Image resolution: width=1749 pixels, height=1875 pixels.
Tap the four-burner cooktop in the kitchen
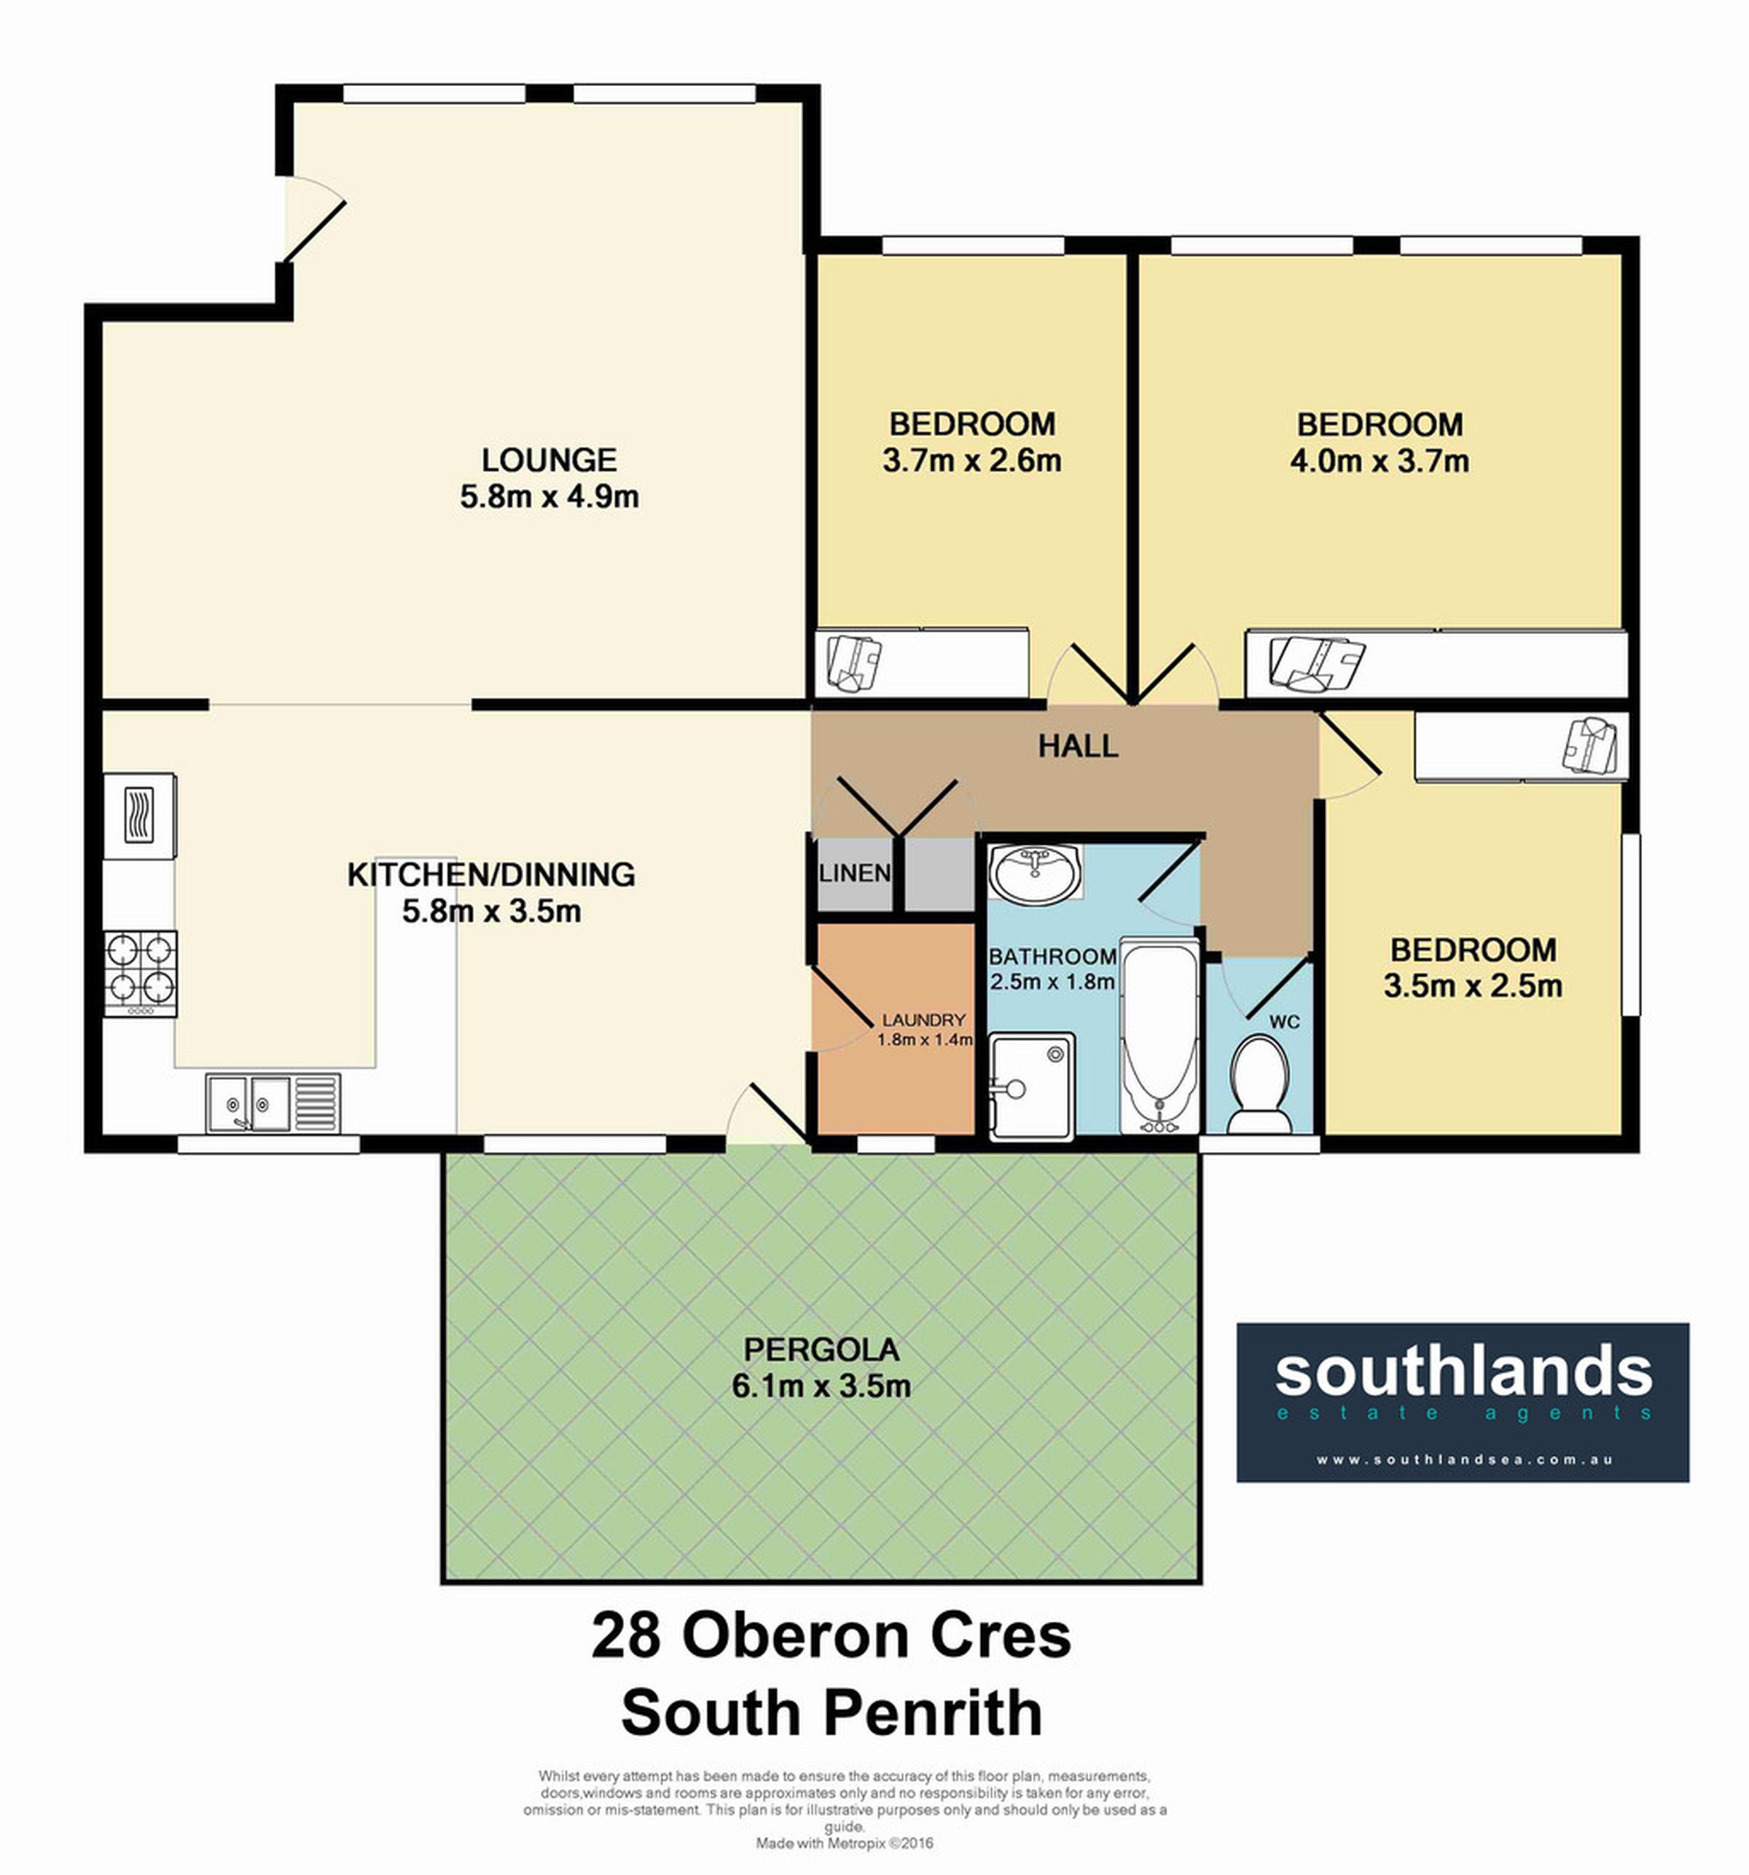pos(141,974)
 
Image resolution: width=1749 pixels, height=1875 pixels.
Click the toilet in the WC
pos(1259,1084)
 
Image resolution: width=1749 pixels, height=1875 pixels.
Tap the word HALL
pos(1079,747)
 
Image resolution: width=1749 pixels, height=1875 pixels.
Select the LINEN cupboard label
pos(855,872)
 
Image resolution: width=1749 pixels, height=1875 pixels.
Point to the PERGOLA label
pos(821,1350)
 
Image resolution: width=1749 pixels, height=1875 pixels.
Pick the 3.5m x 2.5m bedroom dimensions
pos(1473,986)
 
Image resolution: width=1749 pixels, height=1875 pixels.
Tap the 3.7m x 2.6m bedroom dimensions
pos(971,461)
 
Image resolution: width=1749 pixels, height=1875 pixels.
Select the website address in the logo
pos(1464,1460)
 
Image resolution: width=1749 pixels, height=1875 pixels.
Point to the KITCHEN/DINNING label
pos(490,874)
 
